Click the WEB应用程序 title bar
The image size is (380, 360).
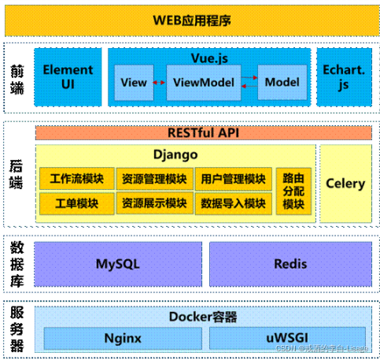(x=189, y=20)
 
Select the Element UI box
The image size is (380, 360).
(x=68, y=77)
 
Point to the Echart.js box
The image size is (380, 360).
(x=343, y=77)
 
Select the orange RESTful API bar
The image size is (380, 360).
(x=203, y=133)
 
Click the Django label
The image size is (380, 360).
(x=175, y=154)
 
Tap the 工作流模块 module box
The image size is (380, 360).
(x=76, y=179)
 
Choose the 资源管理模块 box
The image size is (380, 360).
(x=154, y=179)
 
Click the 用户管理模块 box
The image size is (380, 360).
(x=232, y=179)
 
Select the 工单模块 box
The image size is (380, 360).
(x=76, y=203)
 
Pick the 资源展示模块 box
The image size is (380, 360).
(x=154, y=203)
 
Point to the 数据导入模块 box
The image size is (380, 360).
(x=232, y=203)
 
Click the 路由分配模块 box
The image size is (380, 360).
(x=293, y=191)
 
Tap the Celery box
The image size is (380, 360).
(x=345, y=184)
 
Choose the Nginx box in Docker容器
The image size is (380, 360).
(x=122, y=338)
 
